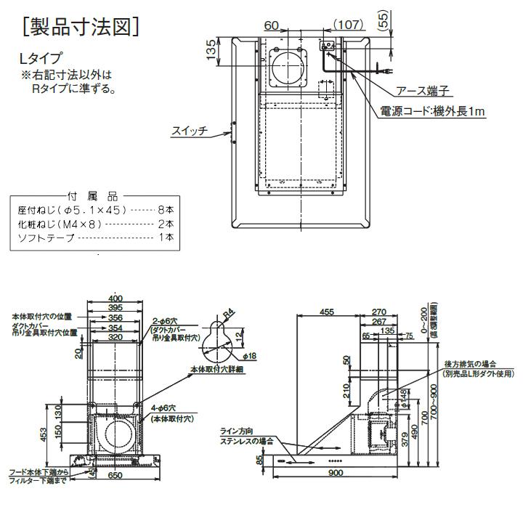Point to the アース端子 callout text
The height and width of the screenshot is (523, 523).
(x=425, y=91)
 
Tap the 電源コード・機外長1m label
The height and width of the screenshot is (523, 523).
(x=432, y=111)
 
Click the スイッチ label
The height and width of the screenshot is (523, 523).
(x=190, y=131)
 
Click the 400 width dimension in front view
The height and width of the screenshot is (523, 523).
(x=115, y=299)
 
